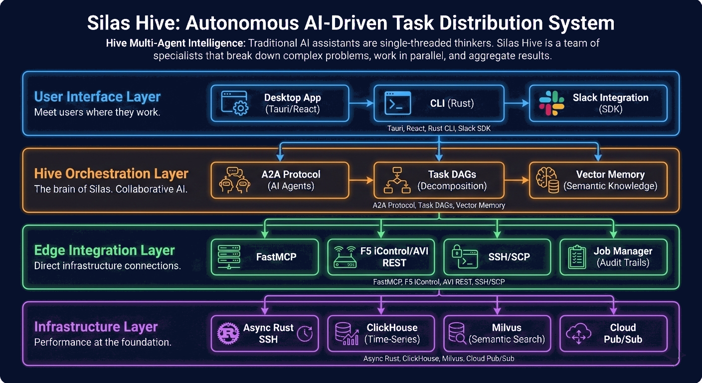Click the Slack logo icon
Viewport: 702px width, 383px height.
(x=551, y=103)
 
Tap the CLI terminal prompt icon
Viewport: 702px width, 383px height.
(x=397, y=103)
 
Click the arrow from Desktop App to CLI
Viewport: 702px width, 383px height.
(x=361, y=103)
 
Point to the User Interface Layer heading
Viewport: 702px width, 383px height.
(x=97, y=97)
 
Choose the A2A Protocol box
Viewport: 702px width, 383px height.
(x=279, y=180)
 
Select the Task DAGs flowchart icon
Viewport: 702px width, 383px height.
(x=397, y=180)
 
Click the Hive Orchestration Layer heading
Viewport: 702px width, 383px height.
(x=111, y=174)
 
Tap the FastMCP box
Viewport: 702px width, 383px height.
(x=265, y=257)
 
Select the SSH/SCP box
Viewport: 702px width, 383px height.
(x=497, y=257)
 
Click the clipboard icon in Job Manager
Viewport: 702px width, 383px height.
(x=577, y=257)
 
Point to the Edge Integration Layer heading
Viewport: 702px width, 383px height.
(x=104, y=250)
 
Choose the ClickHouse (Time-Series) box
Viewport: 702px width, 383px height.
(x=380, y=334)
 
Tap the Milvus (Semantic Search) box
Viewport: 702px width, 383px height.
(x=497, y=334)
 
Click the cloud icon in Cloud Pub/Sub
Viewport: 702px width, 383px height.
(x=578, y=334)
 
